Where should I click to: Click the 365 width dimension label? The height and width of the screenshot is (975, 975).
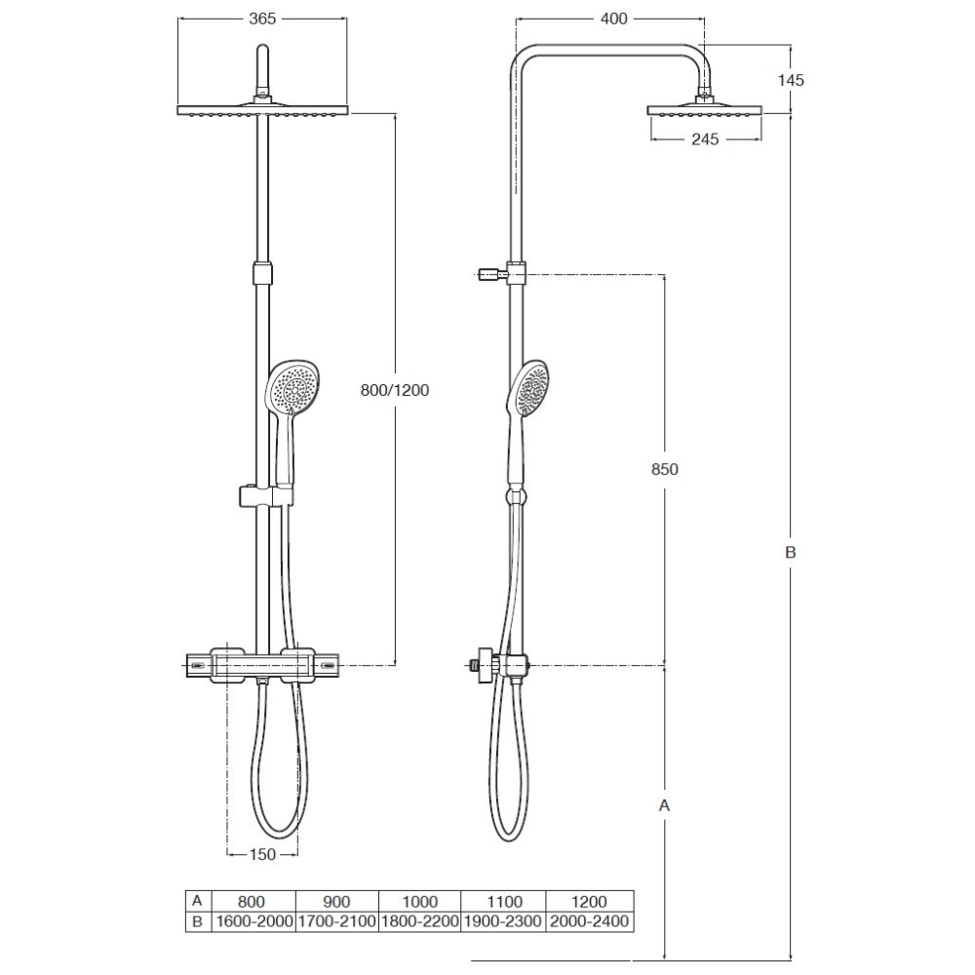261,19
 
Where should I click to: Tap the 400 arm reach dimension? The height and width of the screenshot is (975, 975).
613,19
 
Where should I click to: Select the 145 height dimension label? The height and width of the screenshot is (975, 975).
791,80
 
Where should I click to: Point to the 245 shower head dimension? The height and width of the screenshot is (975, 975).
705,138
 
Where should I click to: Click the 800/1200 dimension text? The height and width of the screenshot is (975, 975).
395,390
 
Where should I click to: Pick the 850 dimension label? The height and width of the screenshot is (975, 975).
665,469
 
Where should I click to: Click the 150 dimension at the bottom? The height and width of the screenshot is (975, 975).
261,854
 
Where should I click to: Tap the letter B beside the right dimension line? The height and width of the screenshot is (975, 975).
791,552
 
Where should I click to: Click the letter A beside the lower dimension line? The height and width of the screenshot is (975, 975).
665,805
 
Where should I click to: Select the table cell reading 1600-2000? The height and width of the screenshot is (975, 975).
253,921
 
